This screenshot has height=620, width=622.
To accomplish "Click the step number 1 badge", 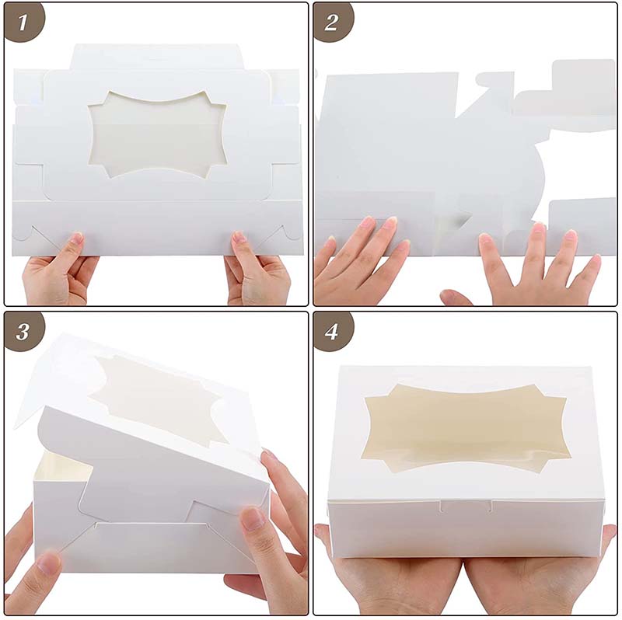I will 24,23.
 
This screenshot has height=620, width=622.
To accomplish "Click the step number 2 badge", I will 333,23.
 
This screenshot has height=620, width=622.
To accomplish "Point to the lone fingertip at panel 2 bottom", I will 455,298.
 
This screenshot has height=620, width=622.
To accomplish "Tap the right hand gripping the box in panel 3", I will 268,536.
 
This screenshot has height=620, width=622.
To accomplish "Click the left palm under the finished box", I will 389,579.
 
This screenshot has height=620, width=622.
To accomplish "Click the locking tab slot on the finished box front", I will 465,507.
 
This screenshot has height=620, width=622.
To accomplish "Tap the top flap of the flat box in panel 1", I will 155,56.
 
